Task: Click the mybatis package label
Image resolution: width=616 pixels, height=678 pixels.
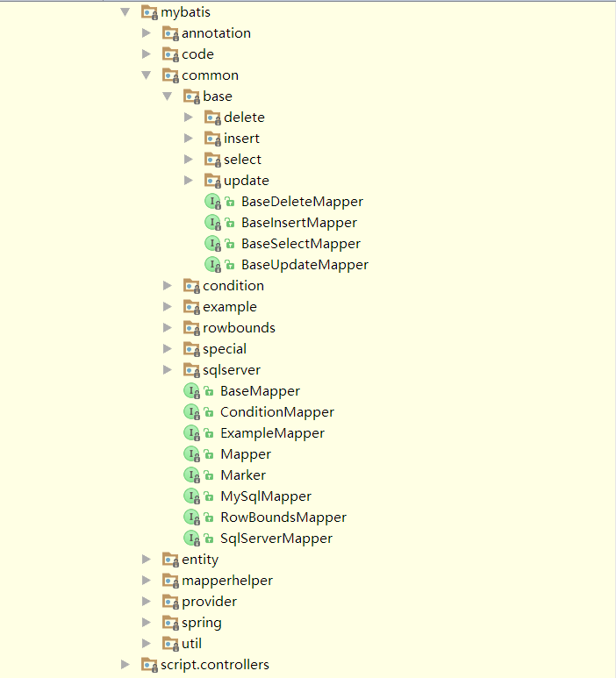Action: (x=185, y=12)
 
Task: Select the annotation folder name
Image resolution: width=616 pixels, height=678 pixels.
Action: (x=216, y=33)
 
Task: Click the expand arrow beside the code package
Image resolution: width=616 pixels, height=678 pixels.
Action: (x=147, y=54)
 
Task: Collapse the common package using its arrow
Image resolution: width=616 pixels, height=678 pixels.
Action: (x=147, y=75)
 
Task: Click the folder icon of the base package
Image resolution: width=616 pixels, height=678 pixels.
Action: (x=191, y=96)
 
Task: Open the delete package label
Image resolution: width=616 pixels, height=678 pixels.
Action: (x=244, y=118)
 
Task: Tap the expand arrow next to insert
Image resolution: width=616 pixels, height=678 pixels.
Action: (x=189, y=139)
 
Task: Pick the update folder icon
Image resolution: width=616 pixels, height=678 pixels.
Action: (x=212, y=181)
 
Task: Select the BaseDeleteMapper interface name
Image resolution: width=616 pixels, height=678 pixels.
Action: (x=302, y=202)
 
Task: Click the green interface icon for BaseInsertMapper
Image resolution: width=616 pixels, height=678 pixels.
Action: (x=212, y=223)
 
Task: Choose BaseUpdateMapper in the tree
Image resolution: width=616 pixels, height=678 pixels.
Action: (x=304, y=265)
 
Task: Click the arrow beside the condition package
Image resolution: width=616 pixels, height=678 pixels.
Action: (x=168, y=286)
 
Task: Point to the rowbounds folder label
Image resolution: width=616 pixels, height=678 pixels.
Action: (x=239, y=328)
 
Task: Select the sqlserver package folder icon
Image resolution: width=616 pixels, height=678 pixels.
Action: (x=191, y=370)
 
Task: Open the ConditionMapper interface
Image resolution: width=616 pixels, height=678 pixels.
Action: (x=277, y=412)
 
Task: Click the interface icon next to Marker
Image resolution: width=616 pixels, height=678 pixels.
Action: (x=191, y=475)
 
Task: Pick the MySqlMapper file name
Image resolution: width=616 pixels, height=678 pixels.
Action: (x=266, y=496)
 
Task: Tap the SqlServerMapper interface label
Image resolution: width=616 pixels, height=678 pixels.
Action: (x=276, y=539)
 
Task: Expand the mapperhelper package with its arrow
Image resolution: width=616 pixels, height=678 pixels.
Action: (x=147, y=581)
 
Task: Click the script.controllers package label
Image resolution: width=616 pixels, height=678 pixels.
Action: (x=215, y=665)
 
